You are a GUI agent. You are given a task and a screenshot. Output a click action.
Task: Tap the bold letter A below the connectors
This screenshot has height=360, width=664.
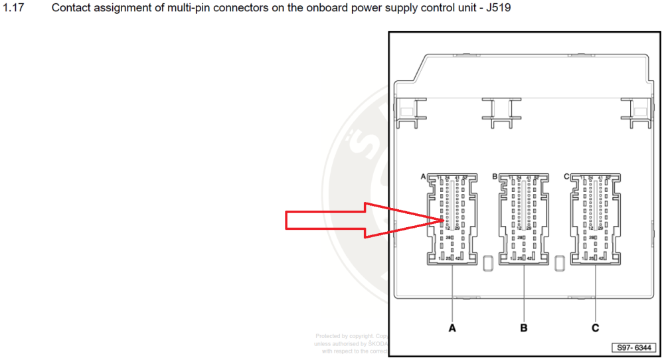pos(452,328)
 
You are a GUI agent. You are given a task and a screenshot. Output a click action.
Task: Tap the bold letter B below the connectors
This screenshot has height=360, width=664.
pos(524,328)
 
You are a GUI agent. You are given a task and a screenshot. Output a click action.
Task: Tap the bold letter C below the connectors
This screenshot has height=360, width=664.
pos(596,328)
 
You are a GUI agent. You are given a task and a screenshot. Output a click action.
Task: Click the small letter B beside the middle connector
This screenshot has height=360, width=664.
pos(495,177)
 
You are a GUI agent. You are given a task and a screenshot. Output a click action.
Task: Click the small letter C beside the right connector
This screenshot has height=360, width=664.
pos(566,177)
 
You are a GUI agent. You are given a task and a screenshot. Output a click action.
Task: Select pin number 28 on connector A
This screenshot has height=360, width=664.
pos(448,238)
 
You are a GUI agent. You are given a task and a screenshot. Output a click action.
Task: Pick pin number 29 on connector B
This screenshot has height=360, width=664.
pos(529,228)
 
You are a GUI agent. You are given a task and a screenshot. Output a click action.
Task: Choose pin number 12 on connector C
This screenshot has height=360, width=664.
pos(591,228)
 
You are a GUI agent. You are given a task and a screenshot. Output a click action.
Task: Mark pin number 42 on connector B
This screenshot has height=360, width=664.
pos(529,258)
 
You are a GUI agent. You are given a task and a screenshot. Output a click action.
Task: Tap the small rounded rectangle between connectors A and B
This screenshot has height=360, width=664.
pos(488,261)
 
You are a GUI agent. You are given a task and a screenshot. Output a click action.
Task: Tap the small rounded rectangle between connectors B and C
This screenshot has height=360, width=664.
pos(560,261)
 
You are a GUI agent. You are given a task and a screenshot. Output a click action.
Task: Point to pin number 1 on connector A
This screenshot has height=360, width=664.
pos(438,258)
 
